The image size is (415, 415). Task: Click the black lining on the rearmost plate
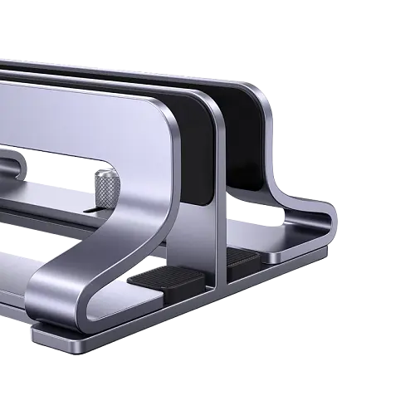[x=249, y=133]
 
